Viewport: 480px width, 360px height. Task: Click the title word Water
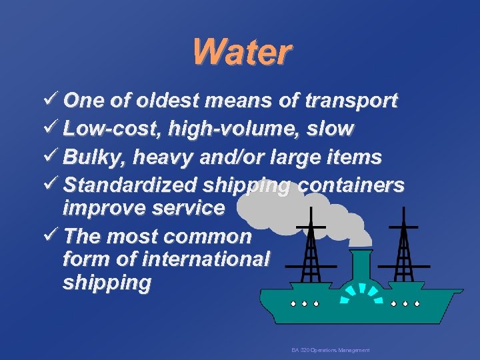pyautogui.click(x=241, y=51)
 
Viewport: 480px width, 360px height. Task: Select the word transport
pyautogui.click(x=351, y=101)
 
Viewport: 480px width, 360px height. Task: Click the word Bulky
pyautogui.click(x=95, y=157)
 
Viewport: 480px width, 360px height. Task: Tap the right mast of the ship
pyautogui.click(x=403, y=247)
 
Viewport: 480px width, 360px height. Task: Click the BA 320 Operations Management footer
pyautogui.click(x=330, y=350)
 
